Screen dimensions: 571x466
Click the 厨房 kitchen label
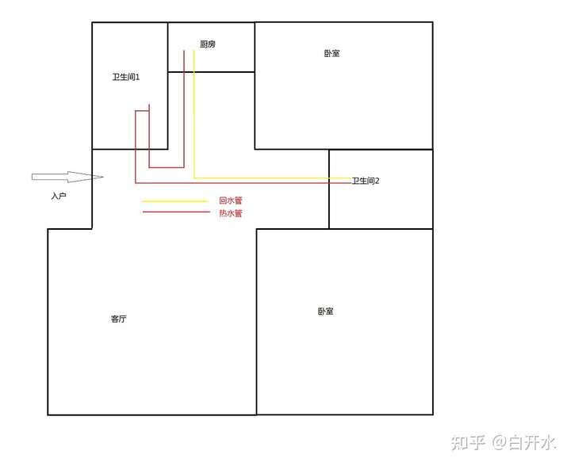pos(208,44)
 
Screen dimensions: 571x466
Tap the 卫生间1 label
pos(126,77)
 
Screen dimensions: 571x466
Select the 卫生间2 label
pos(366,181)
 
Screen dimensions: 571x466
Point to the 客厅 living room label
pos(119,319)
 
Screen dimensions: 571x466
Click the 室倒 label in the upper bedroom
pos(331,53)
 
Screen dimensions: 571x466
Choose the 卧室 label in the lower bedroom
pos(325,311)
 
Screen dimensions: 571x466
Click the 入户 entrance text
pos(58,195)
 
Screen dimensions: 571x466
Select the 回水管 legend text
pos(231,201)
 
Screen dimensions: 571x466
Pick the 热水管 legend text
pos(231,213)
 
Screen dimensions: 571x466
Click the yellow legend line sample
pos(174,201)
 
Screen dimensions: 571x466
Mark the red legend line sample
pos(174,212)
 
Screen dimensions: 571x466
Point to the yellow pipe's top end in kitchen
pos(194,52)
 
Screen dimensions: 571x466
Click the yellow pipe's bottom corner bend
pos(194,178)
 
